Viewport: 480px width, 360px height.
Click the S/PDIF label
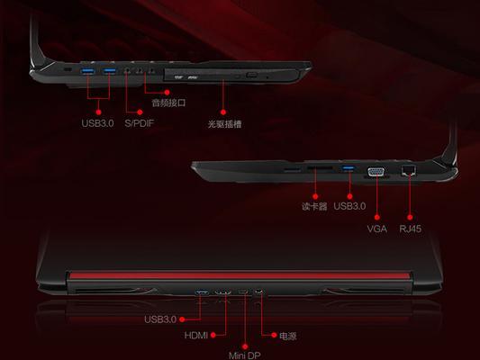click(139, 123)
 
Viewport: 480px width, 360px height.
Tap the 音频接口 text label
click(168, 103)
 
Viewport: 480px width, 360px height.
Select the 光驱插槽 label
click(225, 124)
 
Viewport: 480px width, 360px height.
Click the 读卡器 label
click(314, 206)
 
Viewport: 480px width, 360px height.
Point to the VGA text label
click(376, 229)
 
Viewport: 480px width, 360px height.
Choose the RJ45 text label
click(410, 229)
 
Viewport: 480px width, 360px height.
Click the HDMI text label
click(196, 336)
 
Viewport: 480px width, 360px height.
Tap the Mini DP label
click(245, 355)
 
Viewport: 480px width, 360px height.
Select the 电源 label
click(288, 336)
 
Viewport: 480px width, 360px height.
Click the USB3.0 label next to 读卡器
click(349, 206)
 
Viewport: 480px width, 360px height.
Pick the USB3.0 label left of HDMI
click(160, 319)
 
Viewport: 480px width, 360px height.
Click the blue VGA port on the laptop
click(376, 172)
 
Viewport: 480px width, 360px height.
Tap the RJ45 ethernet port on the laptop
click(409, 170)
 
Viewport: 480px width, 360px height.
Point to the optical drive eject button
click(251, 75)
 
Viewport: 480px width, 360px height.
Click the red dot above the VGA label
click(377, 218)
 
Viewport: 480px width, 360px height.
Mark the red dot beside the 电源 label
click(274, 335)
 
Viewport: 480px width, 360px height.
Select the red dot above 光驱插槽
click(223, 112)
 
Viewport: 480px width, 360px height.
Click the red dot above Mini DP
click(245, 346)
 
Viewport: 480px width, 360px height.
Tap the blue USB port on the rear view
click(202, 293)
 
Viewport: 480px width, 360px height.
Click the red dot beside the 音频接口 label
click(167, 92)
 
